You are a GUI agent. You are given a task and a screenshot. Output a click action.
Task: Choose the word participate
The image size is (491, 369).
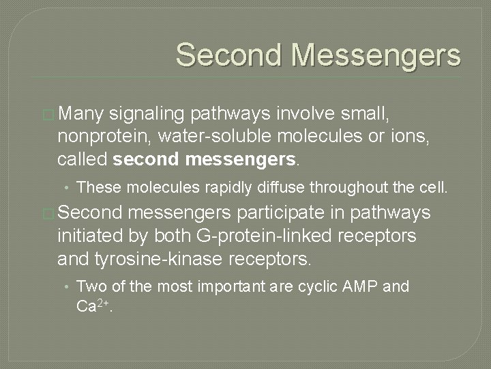[x=312, y=213]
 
